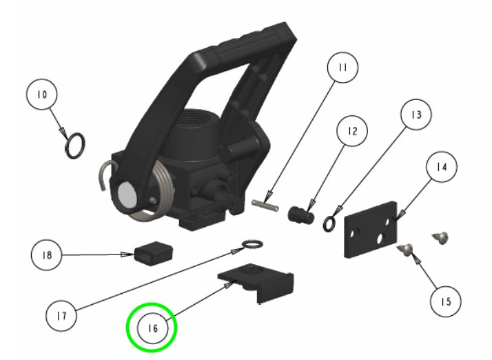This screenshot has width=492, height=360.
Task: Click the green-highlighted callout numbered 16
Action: [x=152, y=328]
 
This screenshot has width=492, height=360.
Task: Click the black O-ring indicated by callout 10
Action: [x=74, y=146]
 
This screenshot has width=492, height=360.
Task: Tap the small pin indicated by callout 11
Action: [x=265, y=203]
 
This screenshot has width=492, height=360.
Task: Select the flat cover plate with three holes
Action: [x=371, y=230]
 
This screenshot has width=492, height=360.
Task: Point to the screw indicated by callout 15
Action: [x=407, y=250]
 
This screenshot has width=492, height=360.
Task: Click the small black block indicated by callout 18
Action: [x=153, y=253]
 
